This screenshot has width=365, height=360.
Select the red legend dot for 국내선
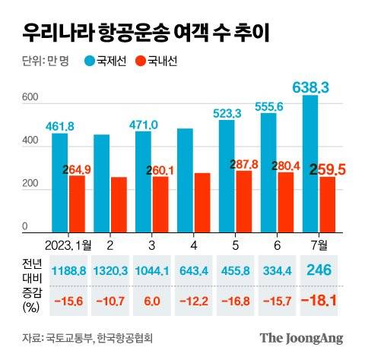140,61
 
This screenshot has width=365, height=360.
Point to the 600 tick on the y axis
29,98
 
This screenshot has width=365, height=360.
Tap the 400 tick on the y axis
29,141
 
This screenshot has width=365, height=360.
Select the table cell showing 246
318,271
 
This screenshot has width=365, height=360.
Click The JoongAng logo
302,337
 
